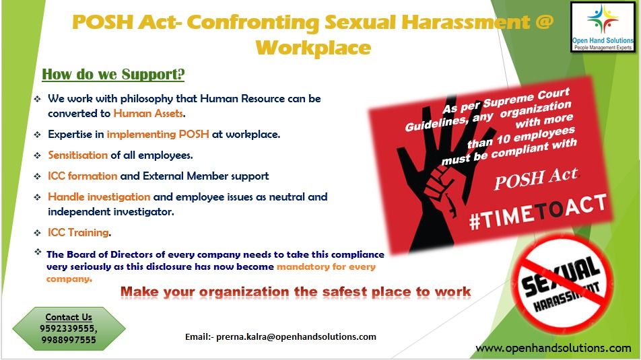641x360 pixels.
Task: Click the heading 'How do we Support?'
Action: click(x=113, y=73)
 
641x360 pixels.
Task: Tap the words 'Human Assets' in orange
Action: click(x=148, y=113)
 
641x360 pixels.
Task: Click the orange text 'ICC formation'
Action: click(x=82, y=176)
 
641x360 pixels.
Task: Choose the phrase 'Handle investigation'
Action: click(x=99, y=196)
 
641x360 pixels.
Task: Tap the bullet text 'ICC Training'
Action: click(x=78, y=232)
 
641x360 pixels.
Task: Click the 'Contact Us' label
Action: click(x=69, y=317)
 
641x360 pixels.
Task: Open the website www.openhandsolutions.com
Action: click(x=553, y=348)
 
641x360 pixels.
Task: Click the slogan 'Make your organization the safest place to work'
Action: click(x=296, y=292)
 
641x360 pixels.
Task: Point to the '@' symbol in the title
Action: click(x=544, y=22)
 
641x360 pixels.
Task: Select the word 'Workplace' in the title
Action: click(x=313, y=48)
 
